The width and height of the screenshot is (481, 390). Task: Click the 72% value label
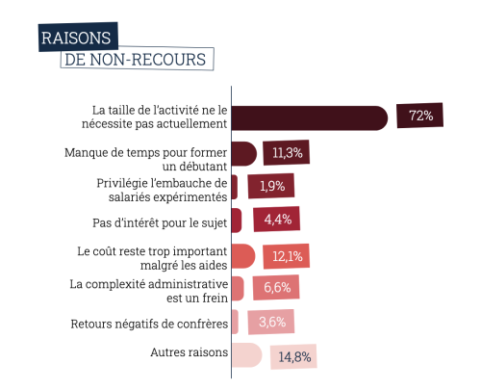coord(419,116)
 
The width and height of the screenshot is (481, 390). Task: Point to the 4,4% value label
coord(278,221)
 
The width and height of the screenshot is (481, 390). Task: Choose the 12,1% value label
coord(288,255)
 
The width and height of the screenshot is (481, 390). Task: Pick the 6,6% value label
coord(275,287)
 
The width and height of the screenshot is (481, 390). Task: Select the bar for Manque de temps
coord(244,153)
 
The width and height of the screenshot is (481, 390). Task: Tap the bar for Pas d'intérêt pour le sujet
coord(237,221)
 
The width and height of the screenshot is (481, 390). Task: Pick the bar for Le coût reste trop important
coord(243,255)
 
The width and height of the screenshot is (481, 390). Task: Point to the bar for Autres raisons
coord(246,354)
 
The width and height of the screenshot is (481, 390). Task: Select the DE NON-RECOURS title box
coord(136,59)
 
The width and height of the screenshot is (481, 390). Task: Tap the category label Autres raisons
coord(189,352)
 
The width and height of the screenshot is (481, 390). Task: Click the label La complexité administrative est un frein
coord(149,291)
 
